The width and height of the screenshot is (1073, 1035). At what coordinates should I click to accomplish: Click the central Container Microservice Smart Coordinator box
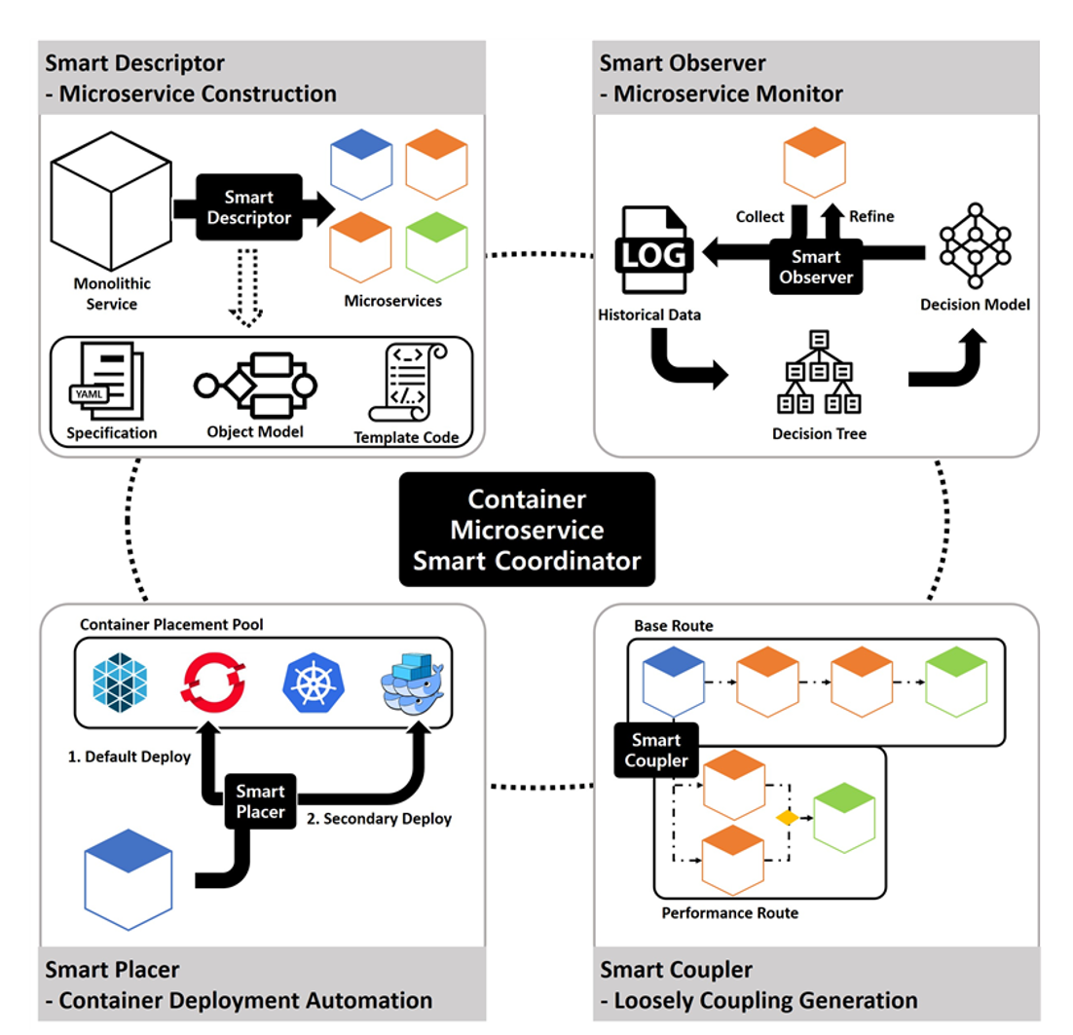click(x=527, y=529)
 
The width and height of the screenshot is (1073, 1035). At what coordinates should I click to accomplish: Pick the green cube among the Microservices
click(x=437, y=247)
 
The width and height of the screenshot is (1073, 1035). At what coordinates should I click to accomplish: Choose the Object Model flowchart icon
click(x=255, y=382)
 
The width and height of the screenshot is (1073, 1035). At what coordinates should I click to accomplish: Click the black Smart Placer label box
click(x=260, y=801)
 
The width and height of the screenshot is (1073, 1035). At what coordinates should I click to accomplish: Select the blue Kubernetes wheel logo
click(x=314, y=681)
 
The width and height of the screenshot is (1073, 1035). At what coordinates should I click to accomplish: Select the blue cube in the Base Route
click(x=673, y=681)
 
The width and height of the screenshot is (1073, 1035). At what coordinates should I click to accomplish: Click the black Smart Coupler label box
click(x=656, y=750)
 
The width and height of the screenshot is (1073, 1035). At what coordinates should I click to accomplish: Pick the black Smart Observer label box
click(x=816, y=267)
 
